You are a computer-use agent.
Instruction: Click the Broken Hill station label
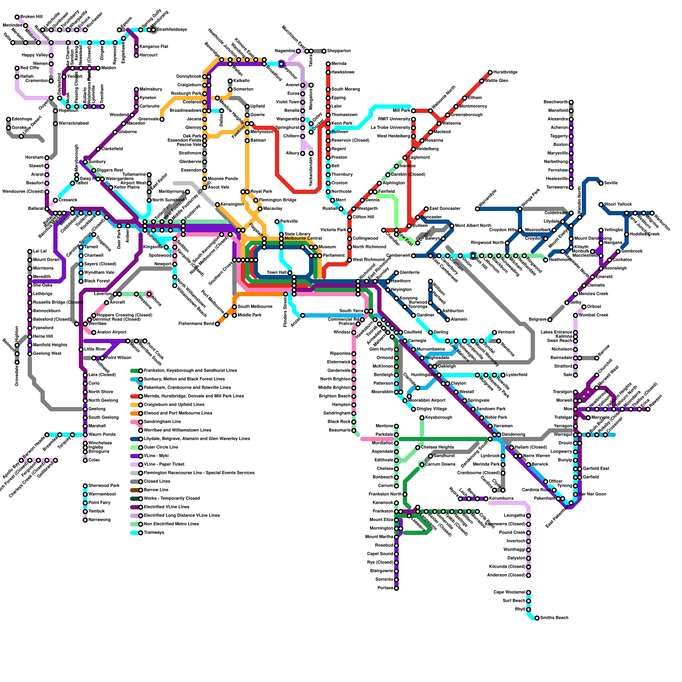pyautogui.click(x=31, y=17)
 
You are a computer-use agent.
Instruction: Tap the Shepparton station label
pyautogui.click(x=339, y=51)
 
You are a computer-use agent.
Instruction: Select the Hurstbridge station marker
pyautogui.click(x=490, y=72)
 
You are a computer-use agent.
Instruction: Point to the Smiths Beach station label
pyautogui.click(x=554, y=618)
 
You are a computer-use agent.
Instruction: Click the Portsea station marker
pyautogui.click(x=396, y=588)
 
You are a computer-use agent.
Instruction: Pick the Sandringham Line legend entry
pyautogui.click(x=162, y=422)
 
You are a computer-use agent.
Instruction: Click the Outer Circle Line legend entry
pyautogui.click(x=161, y=448)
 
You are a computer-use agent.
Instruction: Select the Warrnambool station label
pyautogui.click(x=102, y=494)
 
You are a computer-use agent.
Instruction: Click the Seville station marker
pyautogui.click(x=601, y=183)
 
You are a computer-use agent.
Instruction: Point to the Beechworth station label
pyautogui.click(x=555, y=102)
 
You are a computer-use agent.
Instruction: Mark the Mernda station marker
pyautogui.click(x=328, y=64)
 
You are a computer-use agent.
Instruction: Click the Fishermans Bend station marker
pyautogui.click(x=217, y=324)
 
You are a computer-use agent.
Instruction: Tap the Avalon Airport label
pyautogui.click(x=112, y=332)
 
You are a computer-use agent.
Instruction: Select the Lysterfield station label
pyautogui.click(x=517, y=375)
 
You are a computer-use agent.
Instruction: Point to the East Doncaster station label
pyautogui.click(x=445, y=209)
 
